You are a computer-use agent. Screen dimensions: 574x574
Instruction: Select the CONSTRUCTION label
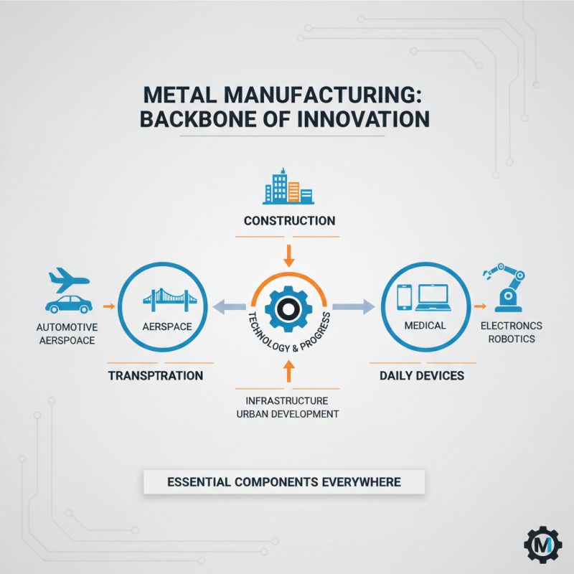[x=289, y=220]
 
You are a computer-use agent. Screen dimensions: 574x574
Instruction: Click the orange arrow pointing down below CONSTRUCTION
[x=289, y=254]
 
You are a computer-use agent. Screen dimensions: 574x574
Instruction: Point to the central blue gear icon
[x=288, y=309]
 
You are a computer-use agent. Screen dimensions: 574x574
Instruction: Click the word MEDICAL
[x=425, y=325]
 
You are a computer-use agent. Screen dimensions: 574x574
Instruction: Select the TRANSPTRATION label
[x=156, y=375]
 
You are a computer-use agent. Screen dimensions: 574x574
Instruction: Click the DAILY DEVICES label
[x=421, y=375]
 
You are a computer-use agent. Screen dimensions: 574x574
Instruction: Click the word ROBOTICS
[x=512, y=339]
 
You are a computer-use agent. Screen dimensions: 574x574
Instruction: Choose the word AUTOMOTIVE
[x=65, y=327]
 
